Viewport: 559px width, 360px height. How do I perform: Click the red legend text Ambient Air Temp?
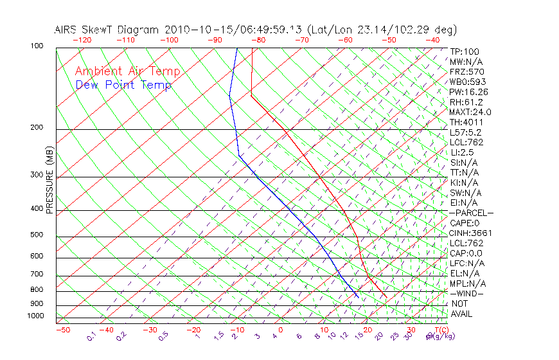tap(127, 71)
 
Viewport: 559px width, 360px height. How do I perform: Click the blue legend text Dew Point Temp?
tap(123, 85)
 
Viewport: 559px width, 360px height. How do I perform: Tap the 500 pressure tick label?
tap(37, 235)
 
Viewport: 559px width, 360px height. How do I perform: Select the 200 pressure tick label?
tap(37, 128)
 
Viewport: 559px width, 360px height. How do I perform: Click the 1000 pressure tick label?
tap(35, 316)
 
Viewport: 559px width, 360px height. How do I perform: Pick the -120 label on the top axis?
tap(82, 40)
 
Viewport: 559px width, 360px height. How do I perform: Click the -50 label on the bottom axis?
tap(62, 330)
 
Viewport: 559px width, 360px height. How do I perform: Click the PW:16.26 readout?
tap(468, 92)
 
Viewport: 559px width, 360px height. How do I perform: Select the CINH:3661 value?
tap(471, 233)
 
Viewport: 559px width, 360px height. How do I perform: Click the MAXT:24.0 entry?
tap(471, 112)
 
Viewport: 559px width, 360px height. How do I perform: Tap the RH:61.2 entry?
tap(466, 102)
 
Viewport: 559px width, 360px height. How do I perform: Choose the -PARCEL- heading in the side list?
tap(471, 213)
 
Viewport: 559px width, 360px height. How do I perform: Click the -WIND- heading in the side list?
tap(466, 293)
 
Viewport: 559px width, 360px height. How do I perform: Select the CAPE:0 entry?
tap(465, 223)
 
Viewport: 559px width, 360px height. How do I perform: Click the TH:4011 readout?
tap(466, 122)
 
